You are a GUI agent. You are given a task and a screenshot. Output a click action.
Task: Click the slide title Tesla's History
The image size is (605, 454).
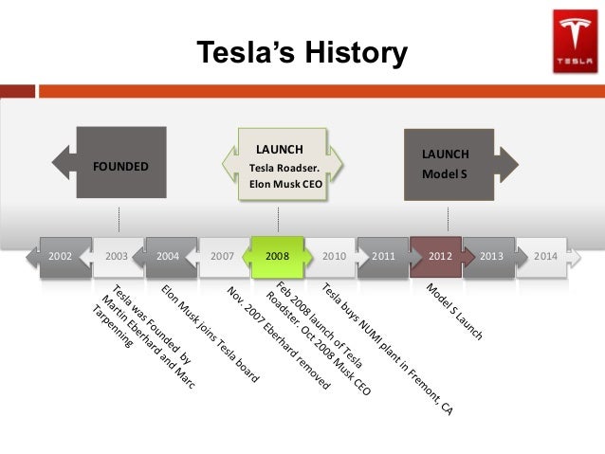tap(302, 53)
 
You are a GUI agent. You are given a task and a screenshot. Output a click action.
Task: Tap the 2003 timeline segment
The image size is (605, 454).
tap(117, 256)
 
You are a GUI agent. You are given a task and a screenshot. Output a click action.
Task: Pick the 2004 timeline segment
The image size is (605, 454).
tap(169, 256)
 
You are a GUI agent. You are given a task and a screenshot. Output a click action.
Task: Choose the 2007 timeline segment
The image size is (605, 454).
tap(223, 256)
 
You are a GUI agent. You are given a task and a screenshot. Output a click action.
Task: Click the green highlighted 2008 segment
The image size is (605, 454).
tap(277, 256)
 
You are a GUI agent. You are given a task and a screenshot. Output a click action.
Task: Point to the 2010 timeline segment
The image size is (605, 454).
tap(333, 256)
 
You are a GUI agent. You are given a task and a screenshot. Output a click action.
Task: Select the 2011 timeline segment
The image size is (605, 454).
tap(384, 256)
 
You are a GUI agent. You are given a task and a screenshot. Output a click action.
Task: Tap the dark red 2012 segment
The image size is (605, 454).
tap(439, 256)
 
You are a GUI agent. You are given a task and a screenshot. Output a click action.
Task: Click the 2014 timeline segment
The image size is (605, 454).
tap(545, 256)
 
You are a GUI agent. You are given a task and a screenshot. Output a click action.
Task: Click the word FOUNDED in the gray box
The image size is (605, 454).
tap(120, 167)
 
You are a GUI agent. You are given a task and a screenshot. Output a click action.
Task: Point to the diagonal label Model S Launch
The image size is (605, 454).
tap(454, 312)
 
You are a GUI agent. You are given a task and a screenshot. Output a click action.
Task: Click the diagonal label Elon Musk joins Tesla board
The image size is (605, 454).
tap(210, 332)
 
